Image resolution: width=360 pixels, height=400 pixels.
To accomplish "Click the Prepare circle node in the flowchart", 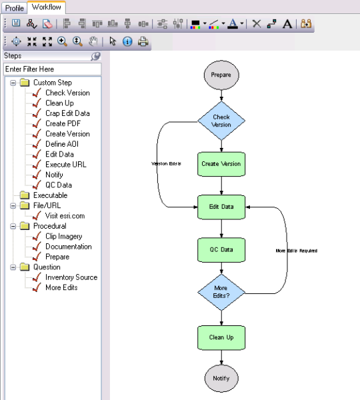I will (x=221, y=75).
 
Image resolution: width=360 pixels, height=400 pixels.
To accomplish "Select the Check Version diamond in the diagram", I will (x=221, y=121).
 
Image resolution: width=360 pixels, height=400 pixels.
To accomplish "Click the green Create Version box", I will (x=221, y=163).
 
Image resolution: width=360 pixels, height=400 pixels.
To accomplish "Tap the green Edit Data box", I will (x=221, y=207).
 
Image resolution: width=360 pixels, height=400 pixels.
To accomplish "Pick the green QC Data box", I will (x=221, y=249).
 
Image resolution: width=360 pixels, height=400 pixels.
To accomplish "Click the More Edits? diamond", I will (x=221, y=292).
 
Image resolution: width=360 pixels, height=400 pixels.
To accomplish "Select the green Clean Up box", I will (x=221, y=337).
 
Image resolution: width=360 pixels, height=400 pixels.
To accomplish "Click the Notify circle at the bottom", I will (x=221, y=378).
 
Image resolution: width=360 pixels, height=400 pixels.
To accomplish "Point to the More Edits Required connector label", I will (x=296, y=251).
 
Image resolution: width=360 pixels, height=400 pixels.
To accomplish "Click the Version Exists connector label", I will (x=166, y=163).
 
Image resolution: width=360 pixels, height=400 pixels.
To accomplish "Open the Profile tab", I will (x=15, y=7).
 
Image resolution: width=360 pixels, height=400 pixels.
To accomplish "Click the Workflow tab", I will (x=47, y=7).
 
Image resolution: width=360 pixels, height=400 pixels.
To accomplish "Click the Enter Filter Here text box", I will (x=52, y=69).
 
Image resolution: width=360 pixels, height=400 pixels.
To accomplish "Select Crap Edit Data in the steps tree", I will (x=67, y=113).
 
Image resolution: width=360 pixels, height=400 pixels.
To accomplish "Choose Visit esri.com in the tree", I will (x=65, y=216).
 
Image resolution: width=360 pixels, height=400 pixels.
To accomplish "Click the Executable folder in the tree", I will (x=50, y=195).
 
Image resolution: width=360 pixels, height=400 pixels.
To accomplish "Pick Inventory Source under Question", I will (x=71, y=277).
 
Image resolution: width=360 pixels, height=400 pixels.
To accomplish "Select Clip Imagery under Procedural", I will (x=64, y=236).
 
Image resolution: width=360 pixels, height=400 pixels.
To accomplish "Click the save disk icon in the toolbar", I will (x=16, y=24).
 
